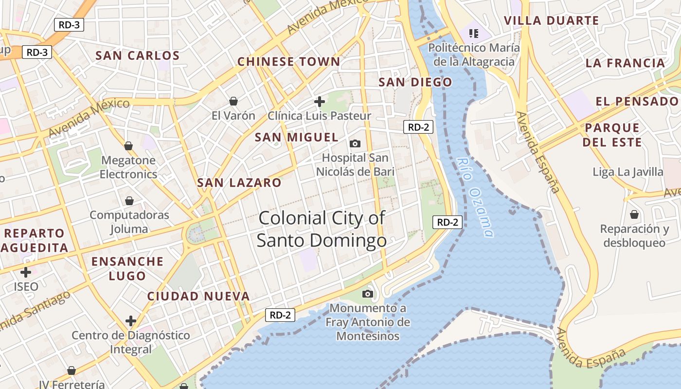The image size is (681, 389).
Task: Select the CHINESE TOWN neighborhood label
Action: [288, 62]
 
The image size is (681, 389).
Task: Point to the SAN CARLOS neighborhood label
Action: [138, 55]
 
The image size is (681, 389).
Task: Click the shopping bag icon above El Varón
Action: [233, 101]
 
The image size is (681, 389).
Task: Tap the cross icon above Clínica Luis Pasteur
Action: [320, 102]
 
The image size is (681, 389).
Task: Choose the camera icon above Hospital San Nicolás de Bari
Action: [355, 143]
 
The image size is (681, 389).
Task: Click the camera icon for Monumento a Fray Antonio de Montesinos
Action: [368, 294]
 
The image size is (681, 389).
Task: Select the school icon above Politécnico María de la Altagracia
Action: [473, 33]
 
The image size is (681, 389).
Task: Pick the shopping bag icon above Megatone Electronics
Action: [128, 146]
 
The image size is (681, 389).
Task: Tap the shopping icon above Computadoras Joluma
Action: [129, 201]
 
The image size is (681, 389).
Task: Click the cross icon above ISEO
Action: [26, 272]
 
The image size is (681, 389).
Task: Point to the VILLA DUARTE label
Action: [551, 20]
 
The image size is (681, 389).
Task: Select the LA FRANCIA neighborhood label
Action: [625, 63]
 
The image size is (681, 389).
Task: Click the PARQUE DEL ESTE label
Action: [612, 135]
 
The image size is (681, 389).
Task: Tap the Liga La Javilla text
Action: [627, 172]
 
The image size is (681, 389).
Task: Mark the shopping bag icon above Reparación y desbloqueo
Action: [634, 214]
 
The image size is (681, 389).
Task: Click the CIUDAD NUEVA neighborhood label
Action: [198, 296]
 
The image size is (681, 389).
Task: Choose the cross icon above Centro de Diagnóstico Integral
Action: [130, 321]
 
